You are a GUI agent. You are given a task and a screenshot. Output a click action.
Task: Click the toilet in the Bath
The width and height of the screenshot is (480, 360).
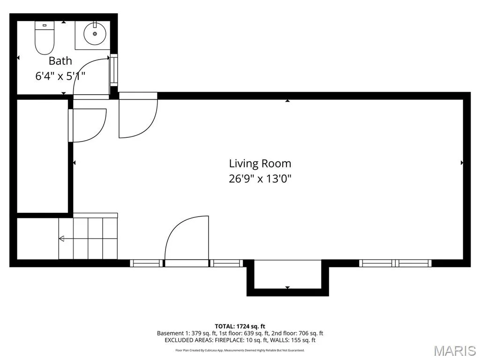pos(45,38)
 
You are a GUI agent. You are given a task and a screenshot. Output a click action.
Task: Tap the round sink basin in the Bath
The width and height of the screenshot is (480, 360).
pos(95,34)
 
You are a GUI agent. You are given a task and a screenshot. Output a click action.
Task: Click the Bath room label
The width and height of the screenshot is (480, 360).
pos(60,61)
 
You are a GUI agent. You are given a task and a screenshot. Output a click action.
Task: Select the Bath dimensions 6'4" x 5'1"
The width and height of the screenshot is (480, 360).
pos(60,75)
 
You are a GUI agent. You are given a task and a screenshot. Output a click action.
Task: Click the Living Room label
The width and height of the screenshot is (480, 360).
pos(260,164)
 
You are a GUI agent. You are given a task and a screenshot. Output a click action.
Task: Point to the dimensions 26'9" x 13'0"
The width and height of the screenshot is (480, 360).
pos(260,178)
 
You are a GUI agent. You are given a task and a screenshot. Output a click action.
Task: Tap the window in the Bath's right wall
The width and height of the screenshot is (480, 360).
pos(114,70)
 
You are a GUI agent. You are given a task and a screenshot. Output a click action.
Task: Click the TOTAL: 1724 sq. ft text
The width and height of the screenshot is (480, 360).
pos(240,326)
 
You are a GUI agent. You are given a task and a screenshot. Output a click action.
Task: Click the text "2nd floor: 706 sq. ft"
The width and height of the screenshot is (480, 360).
pos(297,333)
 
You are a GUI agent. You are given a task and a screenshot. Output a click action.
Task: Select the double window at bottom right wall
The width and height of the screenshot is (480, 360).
pos(395,263)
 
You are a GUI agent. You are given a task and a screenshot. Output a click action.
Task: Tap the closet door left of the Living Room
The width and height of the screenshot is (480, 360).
pos(87,126)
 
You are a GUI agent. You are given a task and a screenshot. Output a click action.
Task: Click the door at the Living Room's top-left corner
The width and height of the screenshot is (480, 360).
pos(138,115)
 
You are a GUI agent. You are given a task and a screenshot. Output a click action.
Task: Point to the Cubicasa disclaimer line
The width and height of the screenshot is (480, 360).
pos(240,350)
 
